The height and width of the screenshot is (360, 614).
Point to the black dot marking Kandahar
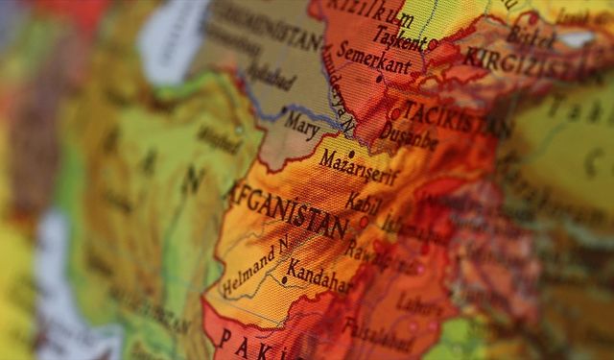tap(284, 280)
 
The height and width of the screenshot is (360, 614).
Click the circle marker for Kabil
tap(364, 222)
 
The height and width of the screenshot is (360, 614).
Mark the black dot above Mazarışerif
tap(352, 153)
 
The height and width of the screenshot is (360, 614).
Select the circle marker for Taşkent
tap(433, 44)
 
